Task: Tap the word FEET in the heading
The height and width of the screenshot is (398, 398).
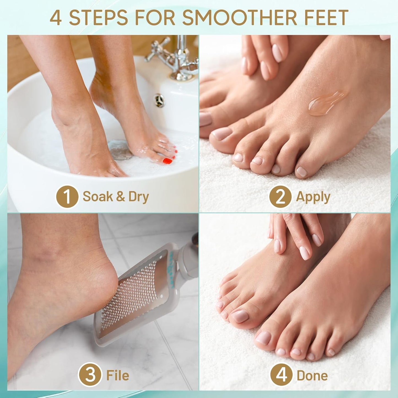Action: [325, 18]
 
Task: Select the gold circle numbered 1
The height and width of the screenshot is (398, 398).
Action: [67, 196]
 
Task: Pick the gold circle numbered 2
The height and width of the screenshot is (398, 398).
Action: [280, 196]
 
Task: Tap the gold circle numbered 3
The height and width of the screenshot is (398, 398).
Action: [90, 375]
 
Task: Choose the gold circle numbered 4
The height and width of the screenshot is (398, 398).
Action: [281, 375]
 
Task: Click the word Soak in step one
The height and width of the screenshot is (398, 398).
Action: [98, 197]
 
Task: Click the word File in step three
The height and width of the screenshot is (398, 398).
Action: [118, 375]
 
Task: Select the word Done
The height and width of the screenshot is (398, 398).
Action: [312, 375]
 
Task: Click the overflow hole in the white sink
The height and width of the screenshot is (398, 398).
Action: [159, 101]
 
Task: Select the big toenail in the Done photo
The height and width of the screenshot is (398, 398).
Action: [240, 316]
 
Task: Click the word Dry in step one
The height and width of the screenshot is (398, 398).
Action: [139, 197]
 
